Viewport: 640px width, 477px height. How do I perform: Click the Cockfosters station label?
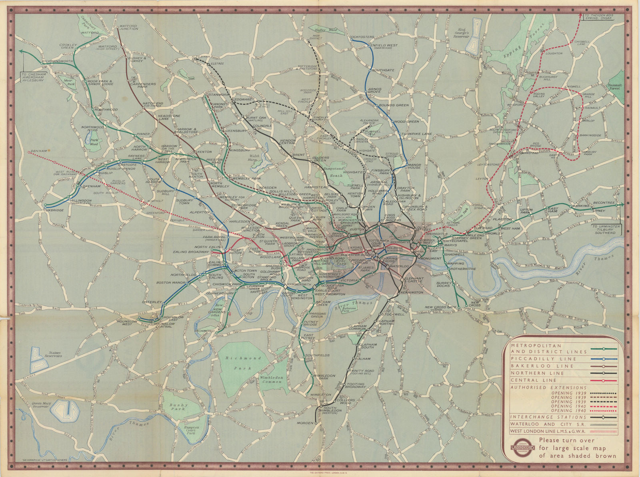[x=362, y=37]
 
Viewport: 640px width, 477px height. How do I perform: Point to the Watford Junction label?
[x=128, y=28]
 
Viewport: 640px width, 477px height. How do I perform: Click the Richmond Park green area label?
[x=243, y=363]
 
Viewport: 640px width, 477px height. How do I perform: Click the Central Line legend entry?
[x=534, y=380]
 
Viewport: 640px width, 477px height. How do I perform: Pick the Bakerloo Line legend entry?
[x=536, y=366]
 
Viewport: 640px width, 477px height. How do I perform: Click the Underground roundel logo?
[x=522, y=448]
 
